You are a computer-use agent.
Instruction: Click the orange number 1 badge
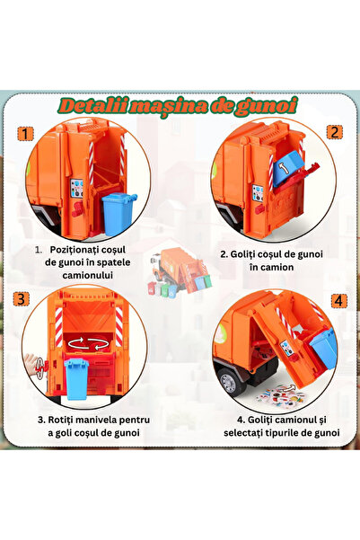(25, 134)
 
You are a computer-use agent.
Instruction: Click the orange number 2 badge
(334, 132)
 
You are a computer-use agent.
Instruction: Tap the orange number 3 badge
(22, 299)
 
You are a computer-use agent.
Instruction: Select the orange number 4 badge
(338, 301)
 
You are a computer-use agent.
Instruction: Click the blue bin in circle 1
(119, 214)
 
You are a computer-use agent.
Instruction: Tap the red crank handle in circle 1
(78, 209)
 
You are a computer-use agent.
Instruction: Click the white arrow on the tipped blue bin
(283, 168)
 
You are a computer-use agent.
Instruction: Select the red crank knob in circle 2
(259, 208)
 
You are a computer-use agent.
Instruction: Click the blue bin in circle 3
(76, 379)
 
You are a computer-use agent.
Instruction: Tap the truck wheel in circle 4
(229, 382)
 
